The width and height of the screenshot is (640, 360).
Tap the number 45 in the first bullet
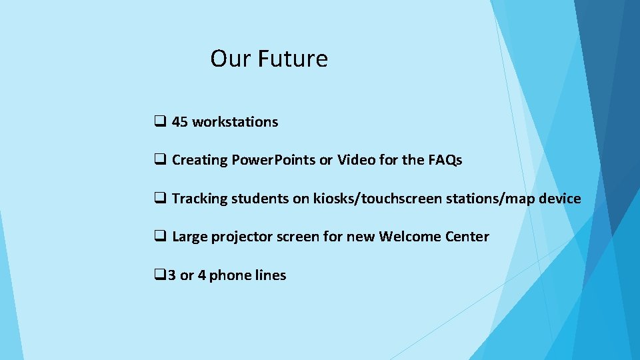(180, 122)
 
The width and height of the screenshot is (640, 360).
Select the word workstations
(235, 122)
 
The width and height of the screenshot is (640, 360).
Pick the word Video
(355, 160)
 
